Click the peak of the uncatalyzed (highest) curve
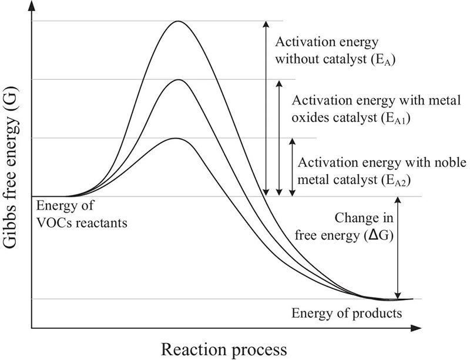[x=177, y=22]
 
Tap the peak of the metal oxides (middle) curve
[x=176, y=79]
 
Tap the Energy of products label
[x=347, y=312]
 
